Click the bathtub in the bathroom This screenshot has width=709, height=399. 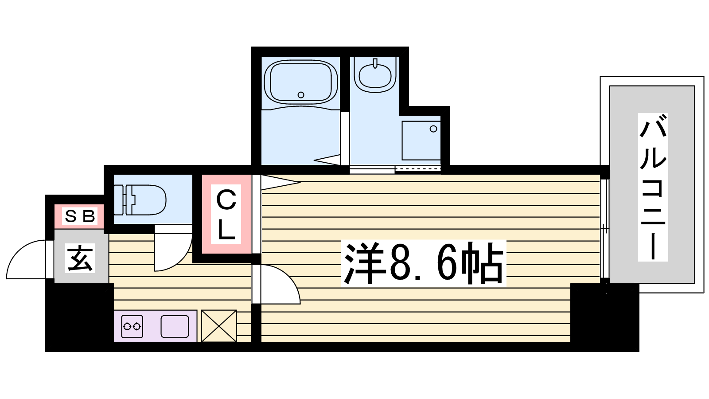[301, 82]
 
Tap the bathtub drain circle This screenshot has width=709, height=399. [301, 95]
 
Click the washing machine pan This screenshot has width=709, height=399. [421, 140]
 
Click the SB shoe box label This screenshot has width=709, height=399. [80, 217]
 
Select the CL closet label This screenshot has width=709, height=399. [226, 214]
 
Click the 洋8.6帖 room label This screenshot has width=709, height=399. [424, 263]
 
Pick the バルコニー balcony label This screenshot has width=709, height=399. [653, 187]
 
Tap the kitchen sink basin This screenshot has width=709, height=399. [175, 326]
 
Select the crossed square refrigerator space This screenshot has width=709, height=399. [219, 326]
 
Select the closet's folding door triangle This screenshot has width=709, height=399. [280, 183]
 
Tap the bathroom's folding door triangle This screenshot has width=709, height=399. [327, 160]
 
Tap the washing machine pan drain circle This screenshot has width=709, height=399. [433, 129]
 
